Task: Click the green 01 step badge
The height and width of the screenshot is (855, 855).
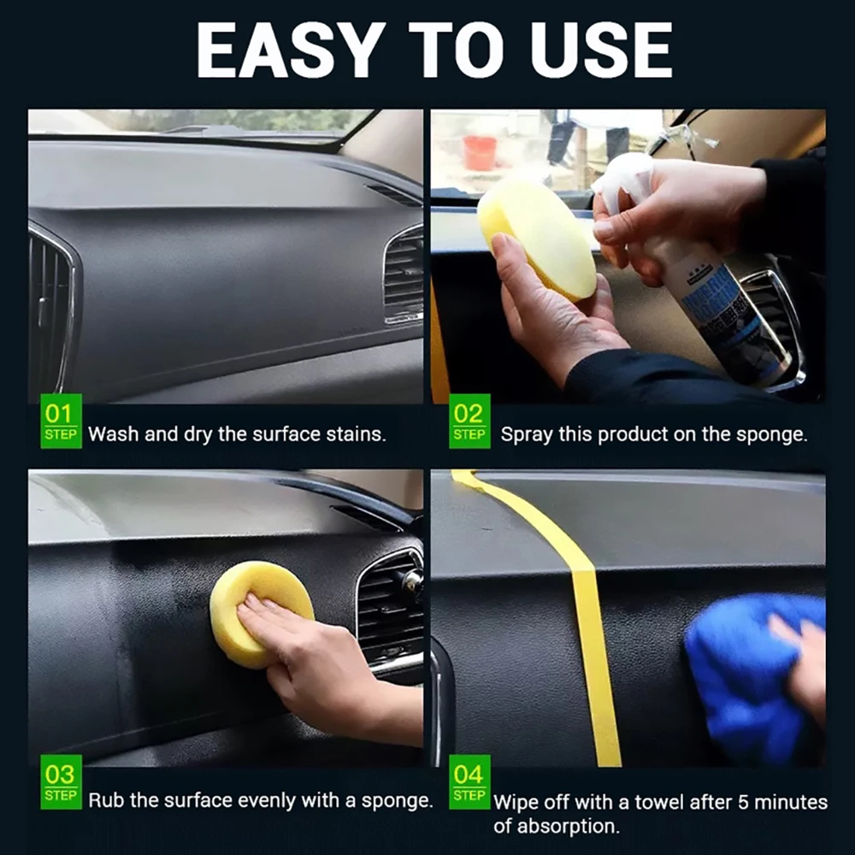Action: [x=60, y=421]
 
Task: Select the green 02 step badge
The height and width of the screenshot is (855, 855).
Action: [x=469, y=421]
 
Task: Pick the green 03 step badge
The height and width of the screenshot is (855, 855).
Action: [x=60, y=782]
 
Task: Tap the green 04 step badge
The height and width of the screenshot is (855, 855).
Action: [x=469, y=782]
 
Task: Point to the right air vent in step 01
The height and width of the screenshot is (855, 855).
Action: [x=403, y=274]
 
